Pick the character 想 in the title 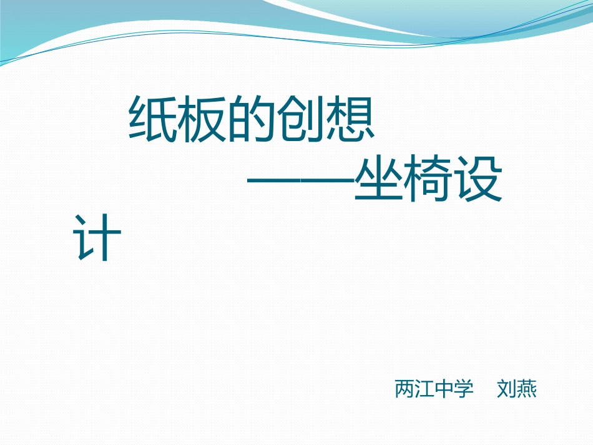pyautogui.click(x=350, y=119)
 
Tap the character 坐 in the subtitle pyautogui.click(x=379, y=180)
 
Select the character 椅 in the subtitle pyautogui.click(x=428, y=180)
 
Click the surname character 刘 pyautogui.click(x=506, y=389)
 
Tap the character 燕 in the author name pyautogui.click(x=526, y=389)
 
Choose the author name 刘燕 pyautogui.click(x=516, y=389)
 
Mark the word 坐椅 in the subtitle pyautogui.click(x=403, y=180)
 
